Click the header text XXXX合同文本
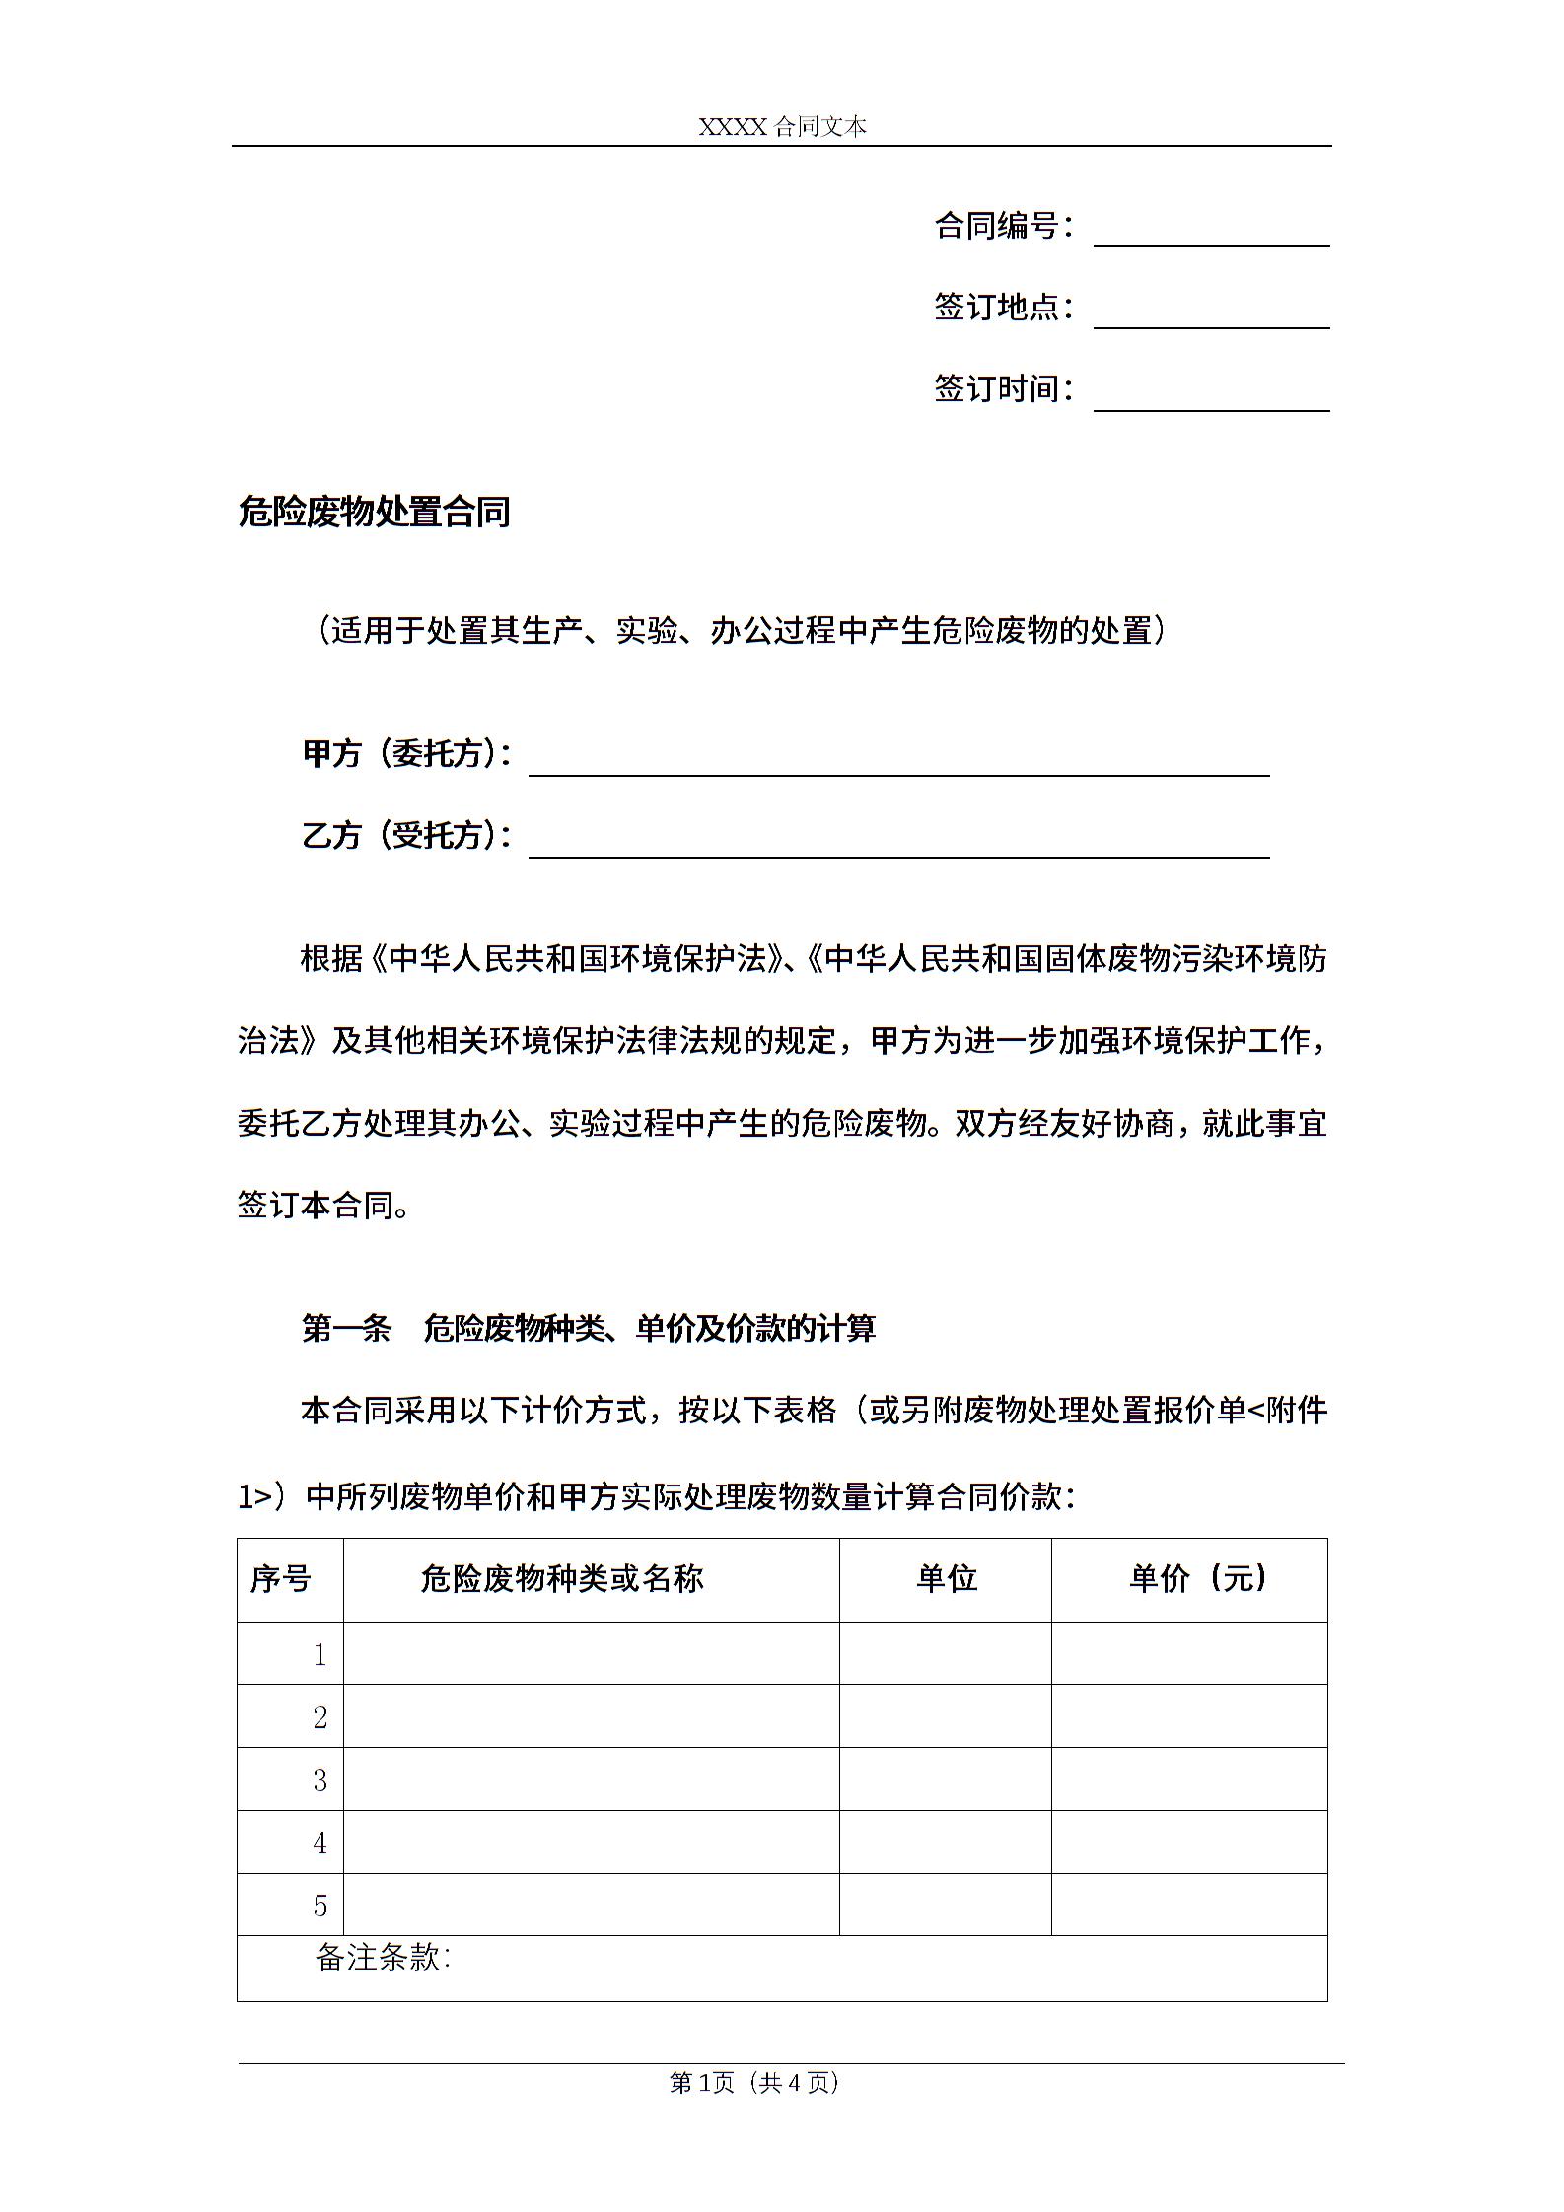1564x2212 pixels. point(782,127)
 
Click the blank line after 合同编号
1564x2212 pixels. point(1211,235)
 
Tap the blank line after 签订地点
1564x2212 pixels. point(1211,316)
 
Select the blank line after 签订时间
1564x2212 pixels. point(1211,398)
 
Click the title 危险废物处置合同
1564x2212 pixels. point(374,513)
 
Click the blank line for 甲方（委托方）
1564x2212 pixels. point(898,763)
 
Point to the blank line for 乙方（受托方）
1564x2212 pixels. point(898,845)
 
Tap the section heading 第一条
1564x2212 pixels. point(346,1329)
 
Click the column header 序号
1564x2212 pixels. point(281,1579)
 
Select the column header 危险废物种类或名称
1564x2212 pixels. point(562,1579)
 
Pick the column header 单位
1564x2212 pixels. point(946,1579)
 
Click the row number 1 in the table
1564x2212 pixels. point(320,1655)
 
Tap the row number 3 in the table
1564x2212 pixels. point(320,1780)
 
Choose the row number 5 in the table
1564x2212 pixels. point(320,1905)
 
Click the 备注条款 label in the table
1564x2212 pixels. point(383,1958)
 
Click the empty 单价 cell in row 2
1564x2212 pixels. point(1189,1716)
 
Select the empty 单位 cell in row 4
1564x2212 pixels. point(946,1841)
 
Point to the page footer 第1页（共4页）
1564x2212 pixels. point(754,2082)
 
